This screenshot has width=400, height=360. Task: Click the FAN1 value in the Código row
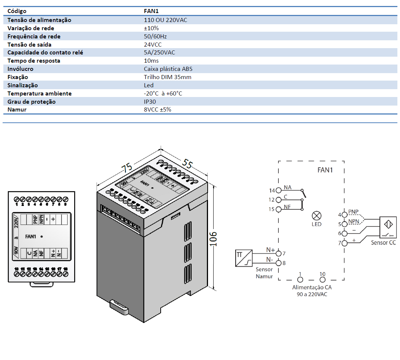(151, 11)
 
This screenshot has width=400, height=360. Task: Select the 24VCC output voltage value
(153, 44)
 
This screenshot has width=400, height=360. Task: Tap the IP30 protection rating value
(149, 101)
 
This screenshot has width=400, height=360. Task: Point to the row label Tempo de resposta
(34, 61)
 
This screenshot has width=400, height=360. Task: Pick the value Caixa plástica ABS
(168, 69)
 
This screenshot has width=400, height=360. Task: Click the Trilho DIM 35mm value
(168, 77)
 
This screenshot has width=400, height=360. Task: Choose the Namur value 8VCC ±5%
(158, 110)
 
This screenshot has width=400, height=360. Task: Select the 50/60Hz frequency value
(155, 36)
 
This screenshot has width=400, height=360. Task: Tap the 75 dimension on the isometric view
(127, 168)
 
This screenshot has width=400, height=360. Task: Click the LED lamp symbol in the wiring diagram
(316, 216)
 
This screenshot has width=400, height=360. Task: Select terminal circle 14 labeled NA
(278, 191)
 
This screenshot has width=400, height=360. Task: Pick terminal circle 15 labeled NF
(278, 209)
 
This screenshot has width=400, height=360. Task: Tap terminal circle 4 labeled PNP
(344, 215)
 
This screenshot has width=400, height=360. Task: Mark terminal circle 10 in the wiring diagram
(322, 280)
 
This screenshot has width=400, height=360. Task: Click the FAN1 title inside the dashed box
(325, 170)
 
